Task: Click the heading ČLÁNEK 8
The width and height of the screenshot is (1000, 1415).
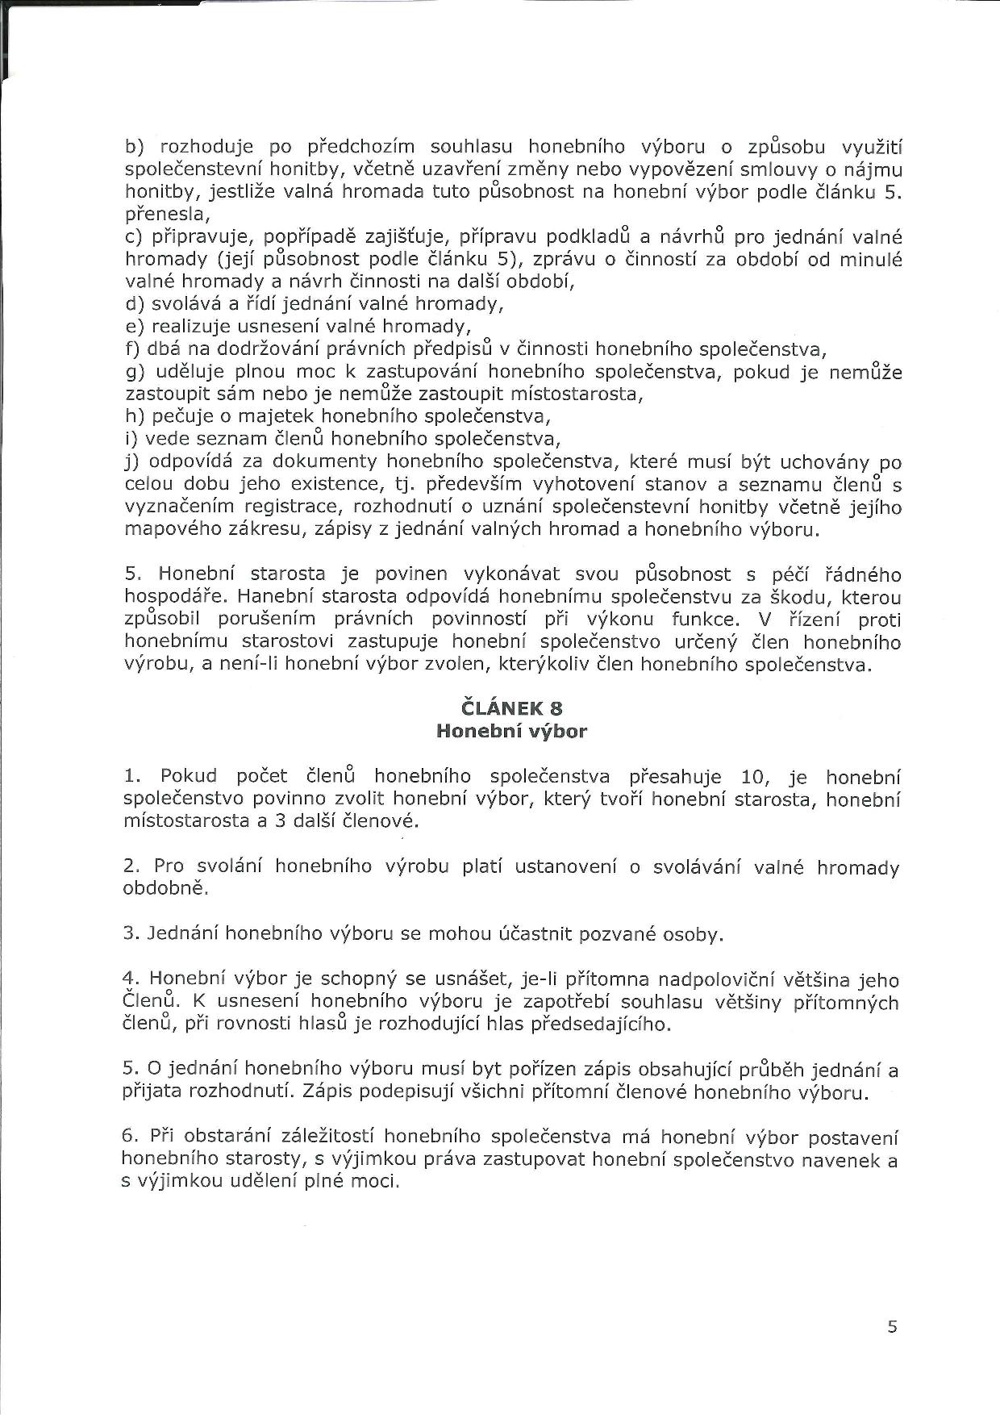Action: pyautogui.click(x=511, y=708)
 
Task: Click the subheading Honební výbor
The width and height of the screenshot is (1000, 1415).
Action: pyautogui.click(x=511, y=732)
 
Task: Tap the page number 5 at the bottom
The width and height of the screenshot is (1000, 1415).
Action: pyautogui.click(x=892, y=1327)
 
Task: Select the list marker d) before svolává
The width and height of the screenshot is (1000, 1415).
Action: pyautogui.click(x=135, y=304)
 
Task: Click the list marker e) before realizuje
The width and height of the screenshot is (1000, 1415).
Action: pyautogui.click(x=135, y=327)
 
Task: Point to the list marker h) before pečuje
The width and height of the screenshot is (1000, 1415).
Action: pyautogui.click(x=135, y=417)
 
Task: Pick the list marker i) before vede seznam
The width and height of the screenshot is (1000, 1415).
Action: pyautogui.click(x=132, y=440)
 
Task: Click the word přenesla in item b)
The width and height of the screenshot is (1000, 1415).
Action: pyautogui.click(x=167, y=215)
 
